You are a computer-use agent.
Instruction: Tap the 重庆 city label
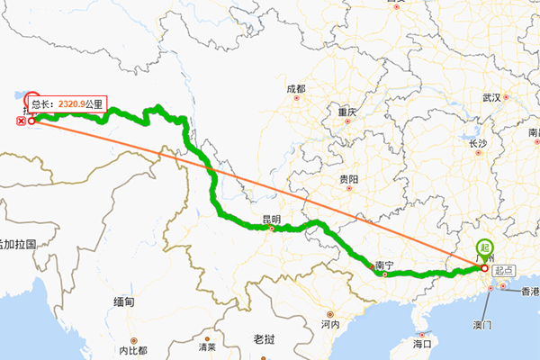pyautogui.click(x=347, y=112)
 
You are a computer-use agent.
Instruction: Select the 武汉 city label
pyautogui.click(x=490, y=97)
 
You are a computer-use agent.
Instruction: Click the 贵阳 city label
pyautogui.click(x=347, y=180)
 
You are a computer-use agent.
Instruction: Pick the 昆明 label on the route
pyautogui.click(x=271, y=219)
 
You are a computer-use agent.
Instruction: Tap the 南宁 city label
pyautogui.click(x=384, y=266)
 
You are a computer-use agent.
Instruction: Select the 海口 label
pyautogui.click(x=423, y=344)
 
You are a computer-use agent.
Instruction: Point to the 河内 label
pyautogui.click(x=328, y=324)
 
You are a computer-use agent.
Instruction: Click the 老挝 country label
pyautogui.click(x=264, y=339)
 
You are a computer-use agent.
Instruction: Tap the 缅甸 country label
pyautogui.click(x=124, y=302)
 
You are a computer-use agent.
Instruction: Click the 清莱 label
pyautogui.click(x=207, y=346)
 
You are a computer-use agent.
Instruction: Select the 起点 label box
pyautogui.click(x=504, y=269)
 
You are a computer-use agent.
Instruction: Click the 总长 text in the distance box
pyautogui.click(x=44, y=104)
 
